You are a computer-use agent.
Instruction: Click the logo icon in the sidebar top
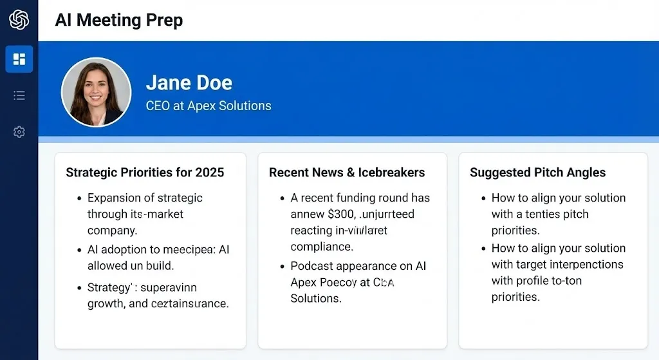(19, 19)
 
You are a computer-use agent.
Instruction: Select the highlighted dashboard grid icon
(19, 59)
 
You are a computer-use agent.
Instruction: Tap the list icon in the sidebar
(19, 96)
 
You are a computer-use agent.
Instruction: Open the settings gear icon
(19, 132)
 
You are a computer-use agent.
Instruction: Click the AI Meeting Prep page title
(119, 20)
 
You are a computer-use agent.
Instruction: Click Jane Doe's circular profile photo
(96, 92)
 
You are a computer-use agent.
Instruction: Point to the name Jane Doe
(189, 83)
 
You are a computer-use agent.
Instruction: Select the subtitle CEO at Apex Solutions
(209, 106)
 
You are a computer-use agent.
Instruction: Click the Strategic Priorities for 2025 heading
(145, 173)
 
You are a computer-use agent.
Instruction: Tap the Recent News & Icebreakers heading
(347, 173)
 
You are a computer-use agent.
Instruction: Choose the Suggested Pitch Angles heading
(537, 173)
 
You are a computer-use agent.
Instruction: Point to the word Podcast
(313, 266)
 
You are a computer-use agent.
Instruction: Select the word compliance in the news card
(322, 247)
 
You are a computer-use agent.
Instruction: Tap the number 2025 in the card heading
(210, 173)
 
